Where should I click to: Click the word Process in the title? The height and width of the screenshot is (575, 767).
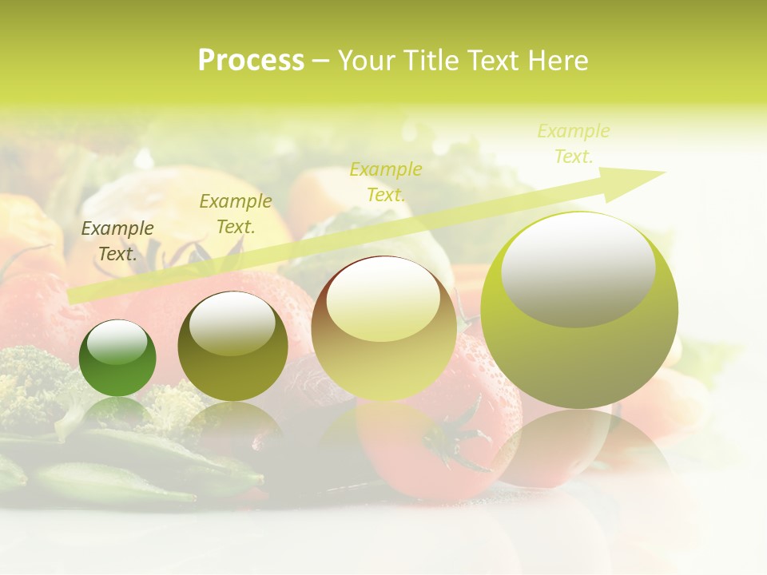click(251, 61)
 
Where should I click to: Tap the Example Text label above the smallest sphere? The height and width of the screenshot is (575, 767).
click(117, 241)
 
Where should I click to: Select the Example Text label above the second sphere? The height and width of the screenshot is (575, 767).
click(236, 214)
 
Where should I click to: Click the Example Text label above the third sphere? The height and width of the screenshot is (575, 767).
click(386, 181)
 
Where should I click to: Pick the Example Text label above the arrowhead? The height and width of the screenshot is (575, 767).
click(574, 144)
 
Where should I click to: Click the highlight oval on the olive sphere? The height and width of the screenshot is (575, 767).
click(232, 323)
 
